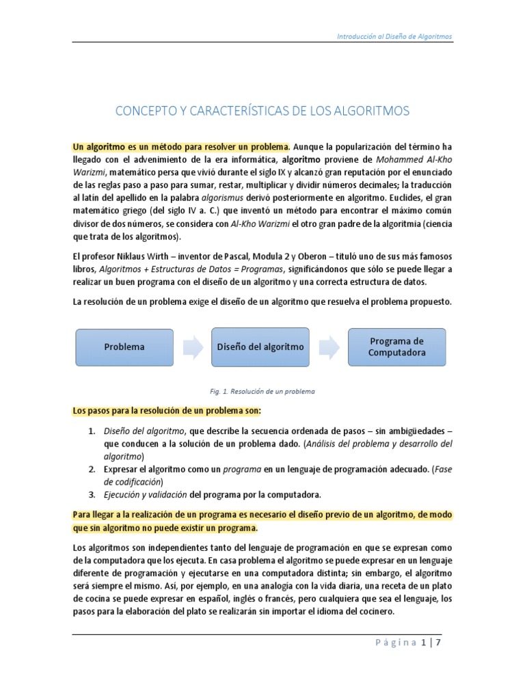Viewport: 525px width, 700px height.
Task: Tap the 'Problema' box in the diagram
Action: point(124,347)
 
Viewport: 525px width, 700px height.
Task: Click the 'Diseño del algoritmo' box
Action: point(260,347)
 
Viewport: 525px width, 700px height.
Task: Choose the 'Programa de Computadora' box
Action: point(396,347)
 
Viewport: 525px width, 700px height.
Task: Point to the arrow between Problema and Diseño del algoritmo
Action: point(192,347)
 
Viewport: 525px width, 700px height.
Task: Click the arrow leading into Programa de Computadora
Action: point(329,347)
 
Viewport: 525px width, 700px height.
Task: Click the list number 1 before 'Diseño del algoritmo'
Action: point(92,431)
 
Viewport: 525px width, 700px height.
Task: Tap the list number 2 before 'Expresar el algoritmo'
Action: point(92,469)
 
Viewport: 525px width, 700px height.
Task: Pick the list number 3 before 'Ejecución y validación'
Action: point(92,494)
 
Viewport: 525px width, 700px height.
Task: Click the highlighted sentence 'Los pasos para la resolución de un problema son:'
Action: point(167,410)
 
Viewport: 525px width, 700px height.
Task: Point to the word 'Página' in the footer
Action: point(397,643)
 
